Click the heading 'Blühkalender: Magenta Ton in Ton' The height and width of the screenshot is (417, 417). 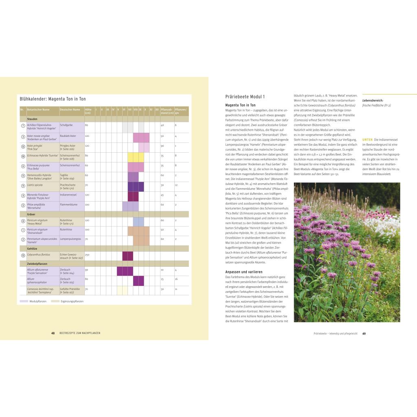pyautogui.click(x=53, y=99)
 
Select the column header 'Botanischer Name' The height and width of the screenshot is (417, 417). pyautogui.click(x=38, y=109)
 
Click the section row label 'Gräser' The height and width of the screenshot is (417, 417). pyautogui.click(x=31, y=214)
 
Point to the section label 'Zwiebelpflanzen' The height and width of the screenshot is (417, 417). pyautogui.click(x=38, y=263)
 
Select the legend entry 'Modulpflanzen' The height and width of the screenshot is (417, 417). pyautogui.click(x=37, y=301)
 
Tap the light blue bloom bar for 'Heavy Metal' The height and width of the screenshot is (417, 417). pyautogui.click(x=138, y=222)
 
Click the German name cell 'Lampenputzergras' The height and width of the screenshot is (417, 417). pyautogui.click(x=70, y=239)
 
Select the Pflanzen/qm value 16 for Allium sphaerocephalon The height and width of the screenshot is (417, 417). pyautogui.click(x=176, y=279)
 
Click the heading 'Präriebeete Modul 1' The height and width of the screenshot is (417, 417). pyautogui.click(x=245, y=97)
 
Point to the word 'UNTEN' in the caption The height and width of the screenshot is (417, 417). pyautogui.click(x=367, y=139)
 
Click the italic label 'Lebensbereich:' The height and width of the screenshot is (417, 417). pyautogui.click(x=373, y=100)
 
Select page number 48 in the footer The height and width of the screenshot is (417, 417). pyautogui.click(x=53, y=333)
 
